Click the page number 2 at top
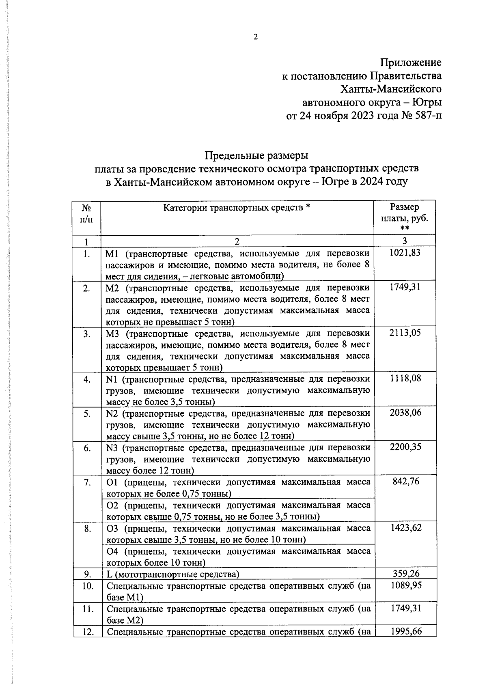click(256, 37)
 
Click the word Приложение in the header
click(411, 63)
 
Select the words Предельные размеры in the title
click(256, 155)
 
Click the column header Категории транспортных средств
click(237, 208)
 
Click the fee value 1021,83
click(405, 253)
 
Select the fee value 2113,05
click(405, 333)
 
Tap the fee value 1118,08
click(405, 379)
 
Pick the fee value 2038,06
click(405, 413)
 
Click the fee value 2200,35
click(405, 447)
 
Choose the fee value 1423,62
click(405, 528)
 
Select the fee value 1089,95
click(405, 585)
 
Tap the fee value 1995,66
click(405, 631)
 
